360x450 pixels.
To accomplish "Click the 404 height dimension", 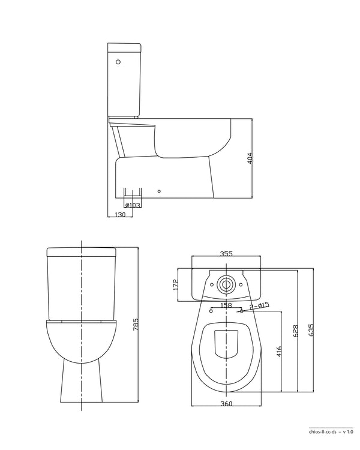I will (250, 159).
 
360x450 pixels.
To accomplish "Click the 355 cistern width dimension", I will (226, 254).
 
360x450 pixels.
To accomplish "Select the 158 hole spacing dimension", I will (226, 305).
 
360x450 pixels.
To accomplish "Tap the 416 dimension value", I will (278, 352).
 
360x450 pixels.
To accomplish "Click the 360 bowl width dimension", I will (226, 404).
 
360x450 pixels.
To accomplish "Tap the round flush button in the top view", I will (227, 284).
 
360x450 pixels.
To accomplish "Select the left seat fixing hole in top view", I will (212, 311).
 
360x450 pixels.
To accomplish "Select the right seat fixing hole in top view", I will (241, 311).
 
